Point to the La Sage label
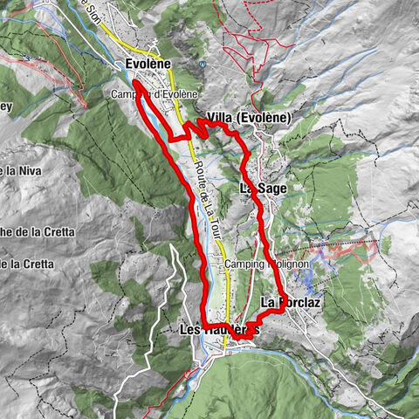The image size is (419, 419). (x=262, y=188)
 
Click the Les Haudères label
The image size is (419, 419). (x=218, y=330)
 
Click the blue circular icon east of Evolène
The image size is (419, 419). (x=203, y=64)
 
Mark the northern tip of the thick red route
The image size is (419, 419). (x=137, y=84)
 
